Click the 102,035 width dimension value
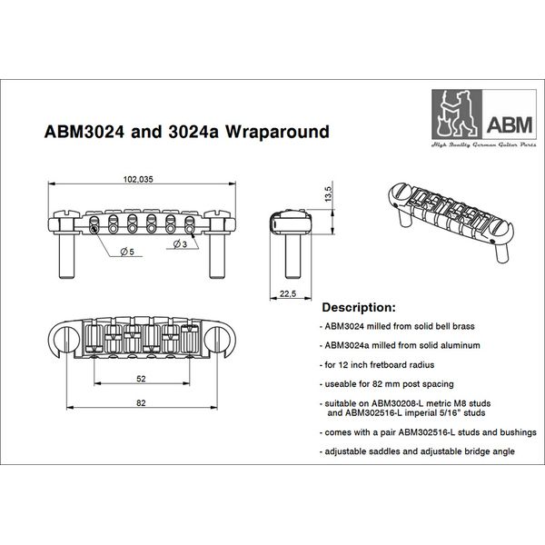tap(139, 180)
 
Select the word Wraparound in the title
tap(270, 130)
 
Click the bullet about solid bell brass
tap(396, 325)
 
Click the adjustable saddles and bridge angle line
tap(413, 451)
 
